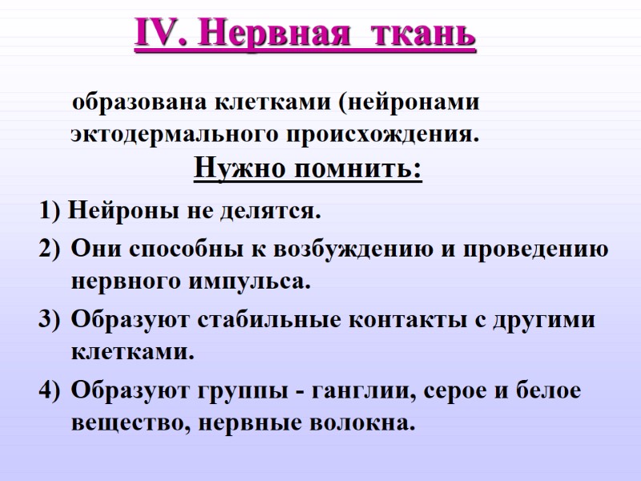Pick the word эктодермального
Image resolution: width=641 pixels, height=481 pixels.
(x=170, y=133)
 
